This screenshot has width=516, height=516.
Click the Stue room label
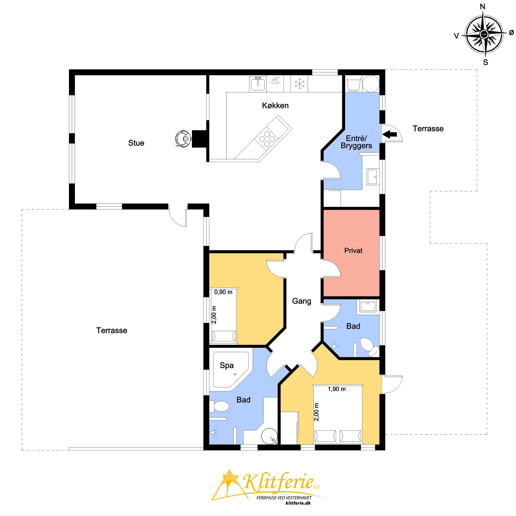tap(136, 143)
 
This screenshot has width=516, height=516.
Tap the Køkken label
tap(275, 105)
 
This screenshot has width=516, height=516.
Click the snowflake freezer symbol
tap(299, 84)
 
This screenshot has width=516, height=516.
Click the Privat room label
tap(353, 251)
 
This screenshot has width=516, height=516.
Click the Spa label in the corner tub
tap(227, 365)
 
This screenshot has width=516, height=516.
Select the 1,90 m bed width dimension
tap(337, 389)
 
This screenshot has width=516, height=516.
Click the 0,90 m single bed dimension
tap(223, 292)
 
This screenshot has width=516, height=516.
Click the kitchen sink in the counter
tap(258, 84)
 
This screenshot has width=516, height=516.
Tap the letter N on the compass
tap(483, 7)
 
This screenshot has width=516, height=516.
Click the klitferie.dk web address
tap(298, 503)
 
